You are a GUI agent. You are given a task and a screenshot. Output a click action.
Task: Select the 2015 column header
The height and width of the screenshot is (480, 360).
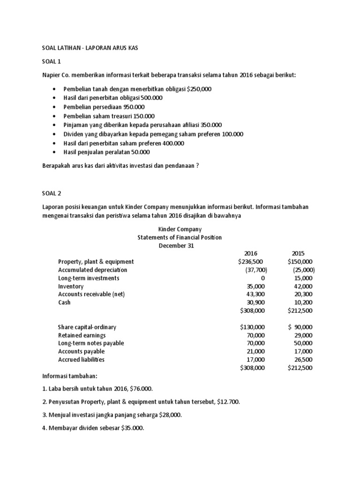click(299, 254)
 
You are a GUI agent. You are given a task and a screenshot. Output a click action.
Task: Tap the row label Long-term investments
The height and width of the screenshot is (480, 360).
click(89, 278)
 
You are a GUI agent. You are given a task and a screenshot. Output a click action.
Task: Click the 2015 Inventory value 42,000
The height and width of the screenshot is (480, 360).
click(302, 286)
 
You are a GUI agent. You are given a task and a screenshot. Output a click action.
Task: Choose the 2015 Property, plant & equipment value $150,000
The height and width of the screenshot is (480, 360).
click(300, 262)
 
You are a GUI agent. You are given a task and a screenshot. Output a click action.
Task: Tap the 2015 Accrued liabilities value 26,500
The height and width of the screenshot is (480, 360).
click(302, 360)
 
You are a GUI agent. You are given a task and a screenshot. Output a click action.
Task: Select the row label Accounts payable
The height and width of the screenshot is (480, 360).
click(81, 352)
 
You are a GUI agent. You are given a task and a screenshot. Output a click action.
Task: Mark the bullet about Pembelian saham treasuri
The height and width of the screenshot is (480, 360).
click(115, 116)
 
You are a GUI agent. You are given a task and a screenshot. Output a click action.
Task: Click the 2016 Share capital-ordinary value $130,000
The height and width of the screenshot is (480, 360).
click(253, 327)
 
